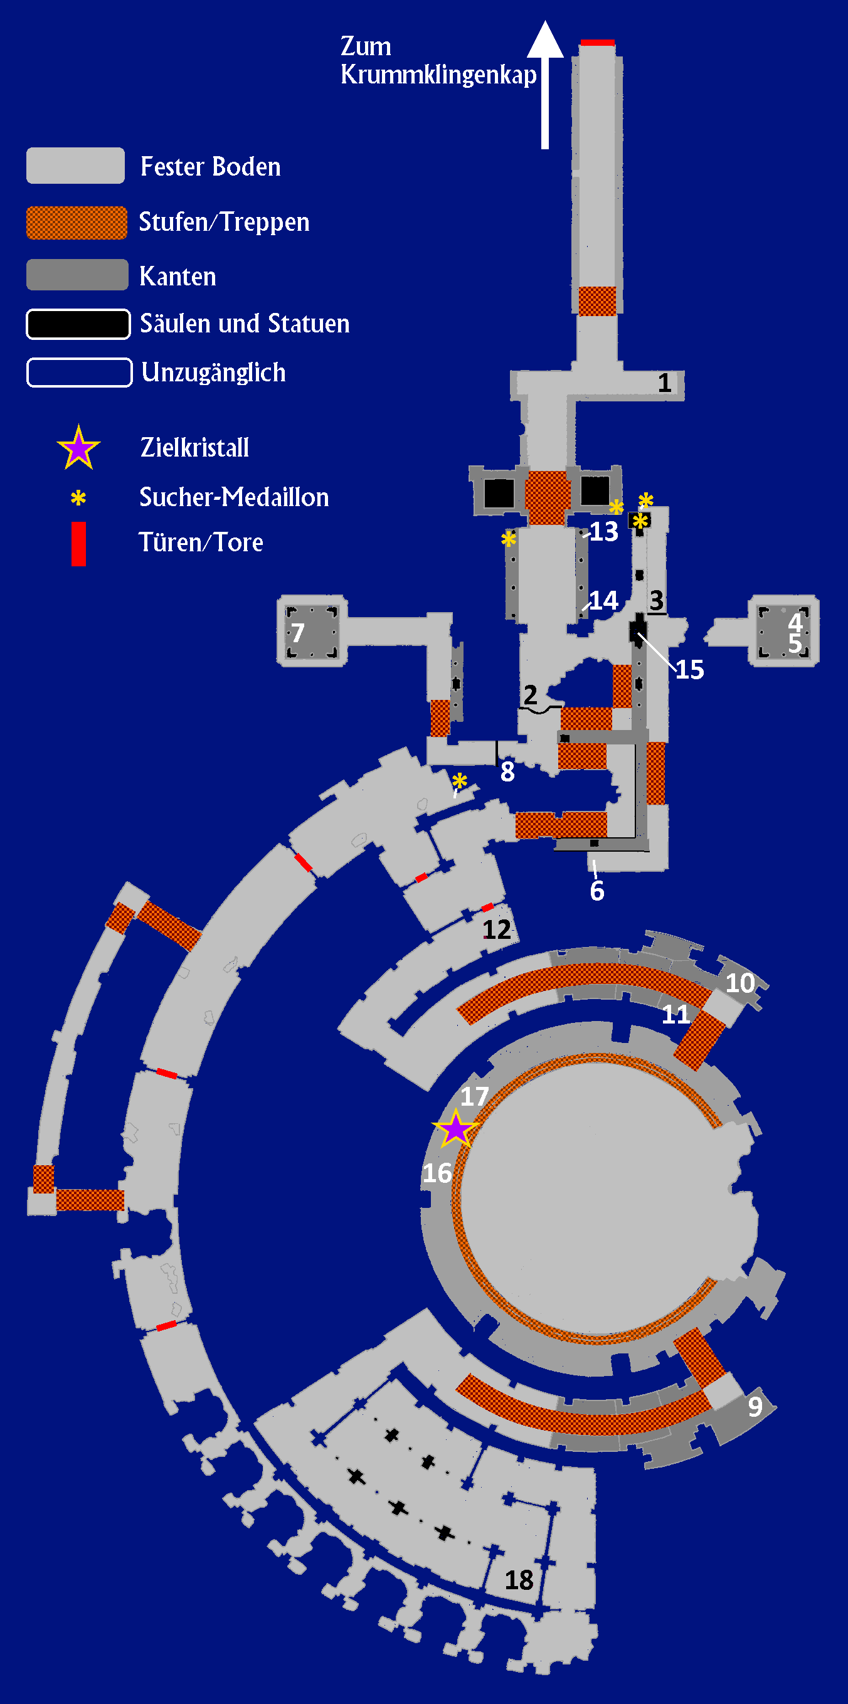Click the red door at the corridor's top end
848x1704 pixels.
tap(597, 43)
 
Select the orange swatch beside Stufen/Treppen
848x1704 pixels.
tap(77, 222)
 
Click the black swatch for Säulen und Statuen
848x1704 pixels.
tap(78, 324)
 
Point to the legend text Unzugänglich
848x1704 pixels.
tap(213, 373)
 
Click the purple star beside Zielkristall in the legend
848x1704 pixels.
tap(78, 448)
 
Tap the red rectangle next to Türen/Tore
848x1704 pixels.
tap(78, 544)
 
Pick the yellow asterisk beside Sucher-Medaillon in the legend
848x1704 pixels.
tap(78, 498)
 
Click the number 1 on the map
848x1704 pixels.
tap(665, 383)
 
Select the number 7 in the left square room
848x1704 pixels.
tap(299, 633)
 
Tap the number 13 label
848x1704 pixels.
tap(604, 532)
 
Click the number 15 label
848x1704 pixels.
tap(689, 670)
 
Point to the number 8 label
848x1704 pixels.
tap(507, 771)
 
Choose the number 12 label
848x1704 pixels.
tap(497, 929)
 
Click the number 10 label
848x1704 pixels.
tap(740, 983)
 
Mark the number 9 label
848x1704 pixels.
tap(755, 1406)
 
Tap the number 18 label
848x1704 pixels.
tap(519, 1580)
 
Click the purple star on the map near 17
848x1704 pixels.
tap(456, 1128)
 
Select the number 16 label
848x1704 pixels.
tap(437, 1173)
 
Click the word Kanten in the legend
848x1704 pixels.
tap(178, 277)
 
